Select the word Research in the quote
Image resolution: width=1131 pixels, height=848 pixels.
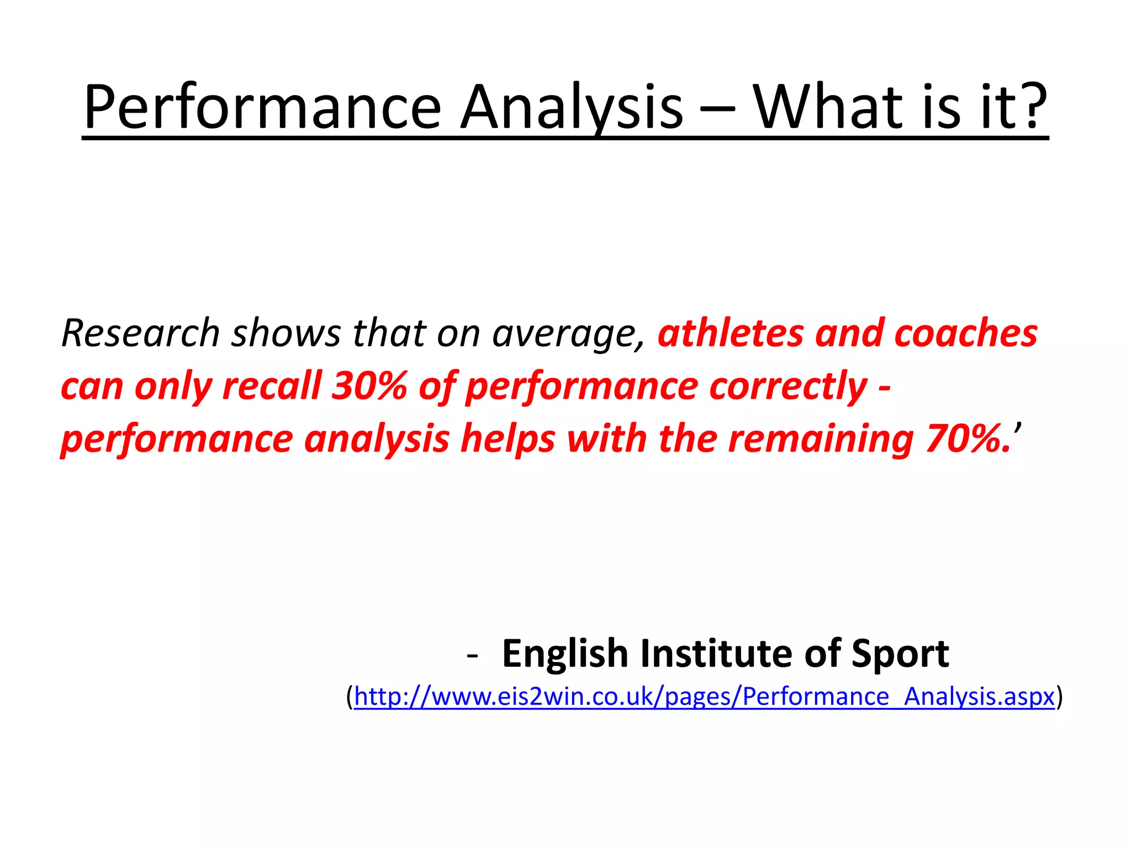141,333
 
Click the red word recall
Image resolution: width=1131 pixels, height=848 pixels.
271,386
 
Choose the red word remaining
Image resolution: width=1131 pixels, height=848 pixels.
821,439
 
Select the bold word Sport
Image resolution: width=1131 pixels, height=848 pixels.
900,654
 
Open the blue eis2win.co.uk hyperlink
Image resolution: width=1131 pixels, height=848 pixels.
704,697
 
